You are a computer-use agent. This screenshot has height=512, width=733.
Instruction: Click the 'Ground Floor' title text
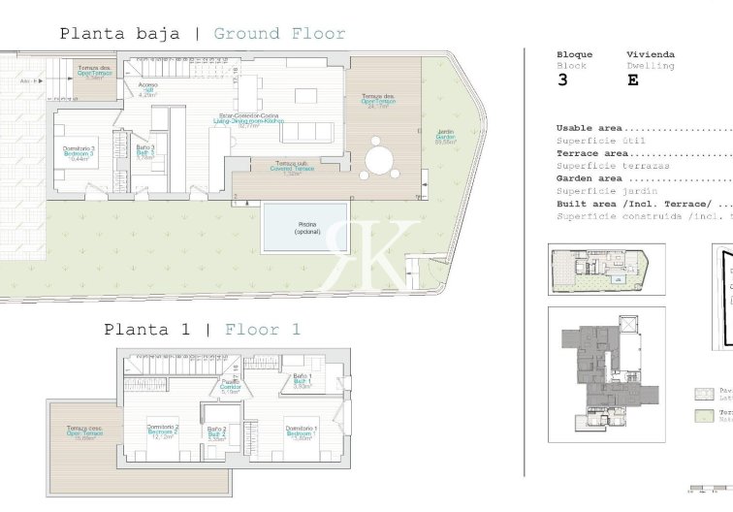(x=279, y=34)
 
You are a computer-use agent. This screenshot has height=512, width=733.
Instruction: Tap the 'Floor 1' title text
(x=262, y=330)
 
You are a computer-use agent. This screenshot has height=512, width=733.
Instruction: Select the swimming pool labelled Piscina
(x=304, y=227)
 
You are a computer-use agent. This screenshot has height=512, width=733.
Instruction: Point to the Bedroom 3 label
(x=79, y=152)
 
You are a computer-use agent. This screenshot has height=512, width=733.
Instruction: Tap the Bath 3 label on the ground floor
(x=144, y=152)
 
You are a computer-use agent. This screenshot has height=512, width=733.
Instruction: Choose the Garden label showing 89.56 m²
(x=445, y=138)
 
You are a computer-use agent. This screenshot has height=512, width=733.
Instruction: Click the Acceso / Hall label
(x=147, y=89)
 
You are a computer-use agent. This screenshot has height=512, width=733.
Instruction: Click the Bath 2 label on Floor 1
(x=216, y=432)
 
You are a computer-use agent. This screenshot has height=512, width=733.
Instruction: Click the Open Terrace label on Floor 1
(x=85, y=433)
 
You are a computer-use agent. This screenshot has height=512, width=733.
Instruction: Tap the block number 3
(x=562, y=80)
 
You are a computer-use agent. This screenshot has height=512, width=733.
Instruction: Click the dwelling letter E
(x=633, y=80)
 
